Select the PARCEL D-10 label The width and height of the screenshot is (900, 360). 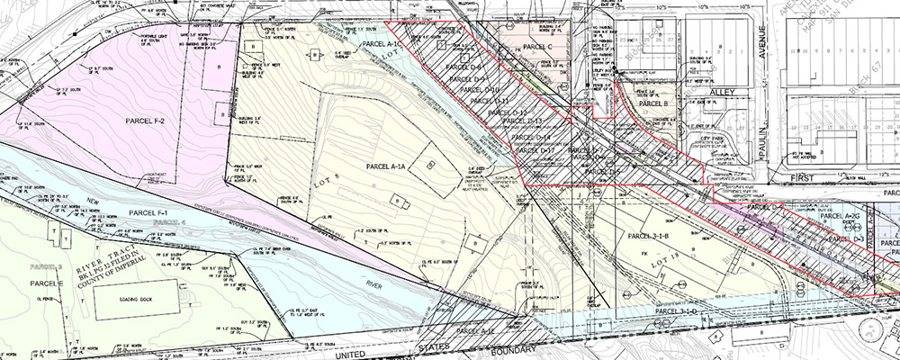(480, 90)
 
